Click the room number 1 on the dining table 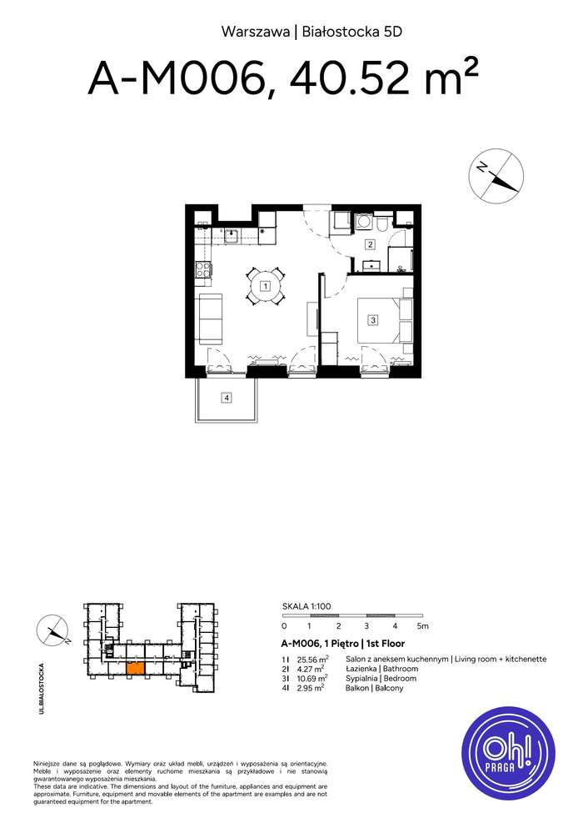point(265,287)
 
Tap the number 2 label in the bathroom point(371,244)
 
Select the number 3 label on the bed point(374,319)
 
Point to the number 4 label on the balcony point(227,398)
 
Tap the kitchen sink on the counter point(233,236)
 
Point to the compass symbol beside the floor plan point(496,175)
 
